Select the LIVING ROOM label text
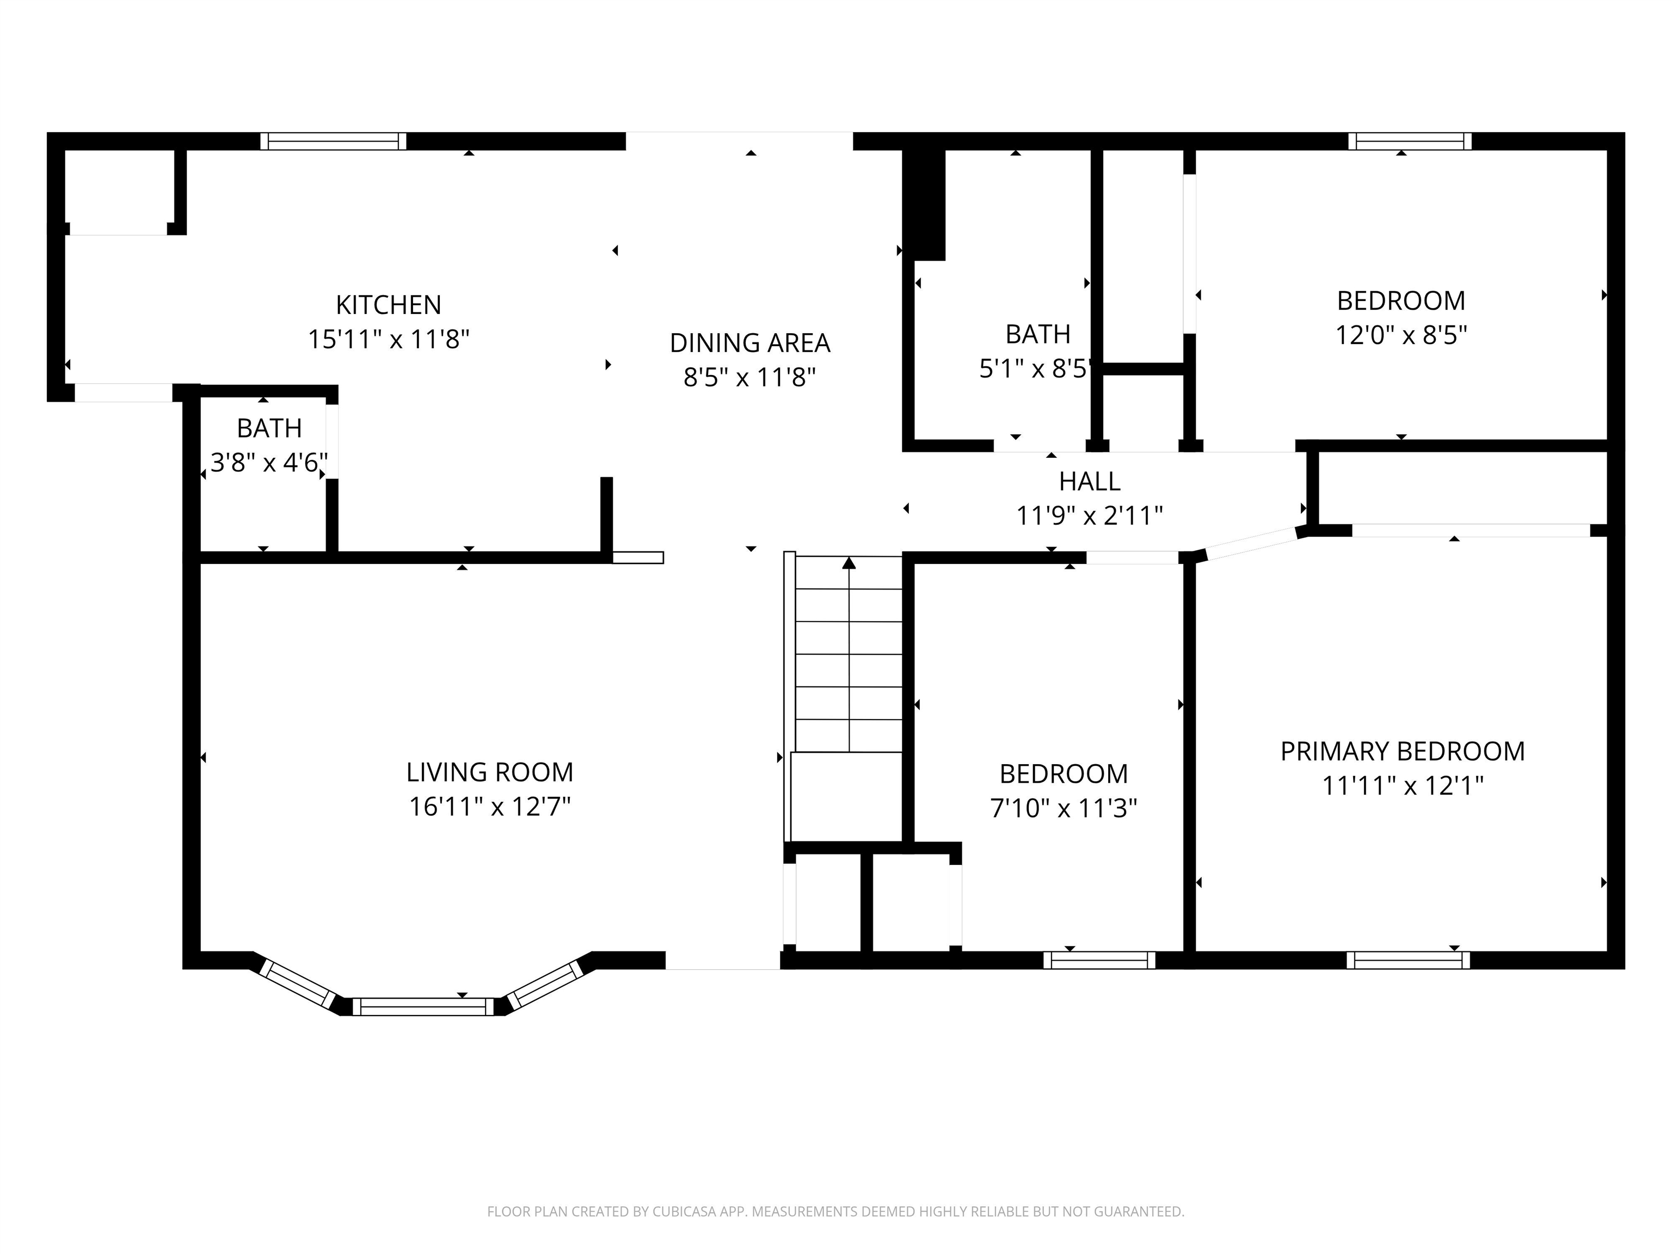[489, 772]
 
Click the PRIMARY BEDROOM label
[1402, 751]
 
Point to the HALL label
[1089, 482]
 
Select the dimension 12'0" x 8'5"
[1400, 335]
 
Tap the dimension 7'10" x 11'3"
[1063, 809]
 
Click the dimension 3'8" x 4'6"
[268, 463]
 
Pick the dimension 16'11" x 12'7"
[489, 807]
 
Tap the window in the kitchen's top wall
[333, 142]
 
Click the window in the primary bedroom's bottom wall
[1407, 960]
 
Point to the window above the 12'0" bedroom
[1410, 142]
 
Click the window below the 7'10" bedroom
[1099, 960]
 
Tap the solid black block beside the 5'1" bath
[925, 204]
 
